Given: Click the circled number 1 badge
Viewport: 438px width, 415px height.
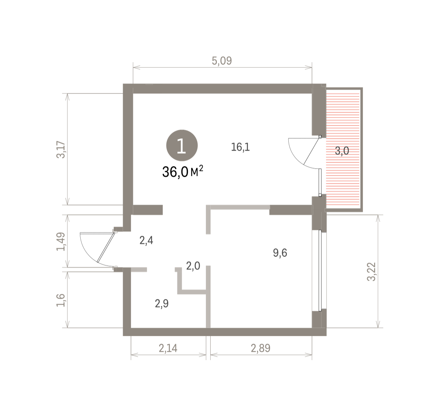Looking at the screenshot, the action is click(182, 145).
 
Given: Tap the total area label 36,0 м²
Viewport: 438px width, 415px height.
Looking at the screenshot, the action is click(183, 172).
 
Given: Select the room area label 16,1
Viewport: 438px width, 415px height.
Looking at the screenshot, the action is click(241, 147).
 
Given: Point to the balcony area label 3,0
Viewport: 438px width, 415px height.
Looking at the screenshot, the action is click(342, 151).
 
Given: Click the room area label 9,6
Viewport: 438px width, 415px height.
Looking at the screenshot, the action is click(280, 253).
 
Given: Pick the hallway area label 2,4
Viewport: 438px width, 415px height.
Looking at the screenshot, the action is click(146, 241).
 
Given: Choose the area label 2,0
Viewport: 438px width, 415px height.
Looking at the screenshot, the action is click(193, 266).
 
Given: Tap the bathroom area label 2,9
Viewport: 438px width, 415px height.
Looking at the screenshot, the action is click(162, 303).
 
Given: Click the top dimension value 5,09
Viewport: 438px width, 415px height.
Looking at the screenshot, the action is click(222, 61).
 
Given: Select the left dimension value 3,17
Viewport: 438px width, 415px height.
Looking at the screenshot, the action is click(61, 150).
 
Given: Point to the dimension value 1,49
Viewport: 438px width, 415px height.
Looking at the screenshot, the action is click(61, 242).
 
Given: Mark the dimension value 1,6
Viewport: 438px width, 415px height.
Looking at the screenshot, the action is click(61, 300).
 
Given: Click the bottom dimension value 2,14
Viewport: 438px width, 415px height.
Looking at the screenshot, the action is click(168, 348).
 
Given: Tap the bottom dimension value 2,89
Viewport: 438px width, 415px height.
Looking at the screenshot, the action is click(261, 348).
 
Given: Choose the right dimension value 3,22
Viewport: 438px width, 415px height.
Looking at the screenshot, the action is click(371, 271).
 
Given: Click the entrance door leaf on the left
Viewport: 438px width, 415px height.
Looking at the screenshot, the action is click(106, 247).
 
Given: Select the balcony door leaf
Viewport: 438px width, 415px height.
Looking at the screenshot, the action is click(311, 151).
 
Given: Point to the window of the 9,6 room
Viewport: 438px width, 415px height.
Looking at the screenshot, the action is click(320, 270).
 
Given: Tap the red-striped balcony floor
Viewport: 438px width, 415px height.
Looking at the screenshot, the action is click(343, 149).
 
